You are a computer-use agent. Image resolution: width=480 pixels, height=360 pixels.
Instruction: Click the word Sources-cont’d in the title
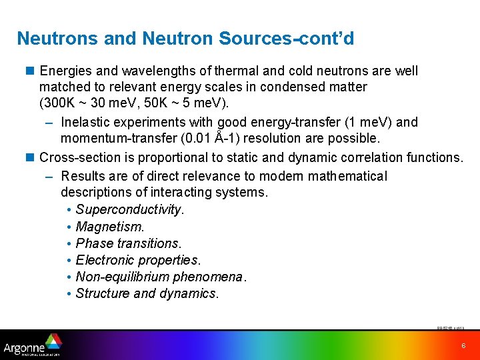[x=302, y=39]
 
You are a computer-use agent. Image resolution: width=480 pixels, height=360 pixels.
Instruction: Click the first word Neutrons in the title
[x=58, y=39]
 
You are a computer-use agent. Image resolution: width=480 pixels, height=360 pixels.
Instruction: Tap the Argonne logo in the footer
[x=32, y=345]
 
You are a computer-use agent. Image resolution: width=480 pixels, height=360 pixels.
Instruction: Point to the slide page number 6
[x=463, y=345]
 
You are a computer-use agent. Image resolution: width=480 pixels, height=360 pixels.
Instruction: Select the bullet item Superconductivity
[x=129, y=209]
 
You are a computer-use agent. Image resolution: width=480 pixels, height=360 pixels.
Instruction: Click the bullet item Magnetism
[x=110, y=227]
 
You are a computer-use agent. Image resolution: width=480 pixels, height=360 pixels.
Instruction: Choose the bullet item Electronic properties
[x=138, y=260]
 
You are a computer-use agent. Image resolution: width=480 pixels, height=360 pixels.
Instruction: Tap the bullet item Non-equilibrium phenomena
[x=161, y=277]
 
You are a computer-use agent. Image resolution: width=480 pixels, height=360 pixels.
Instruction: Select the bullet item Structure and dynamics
[x=147, y=293]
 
